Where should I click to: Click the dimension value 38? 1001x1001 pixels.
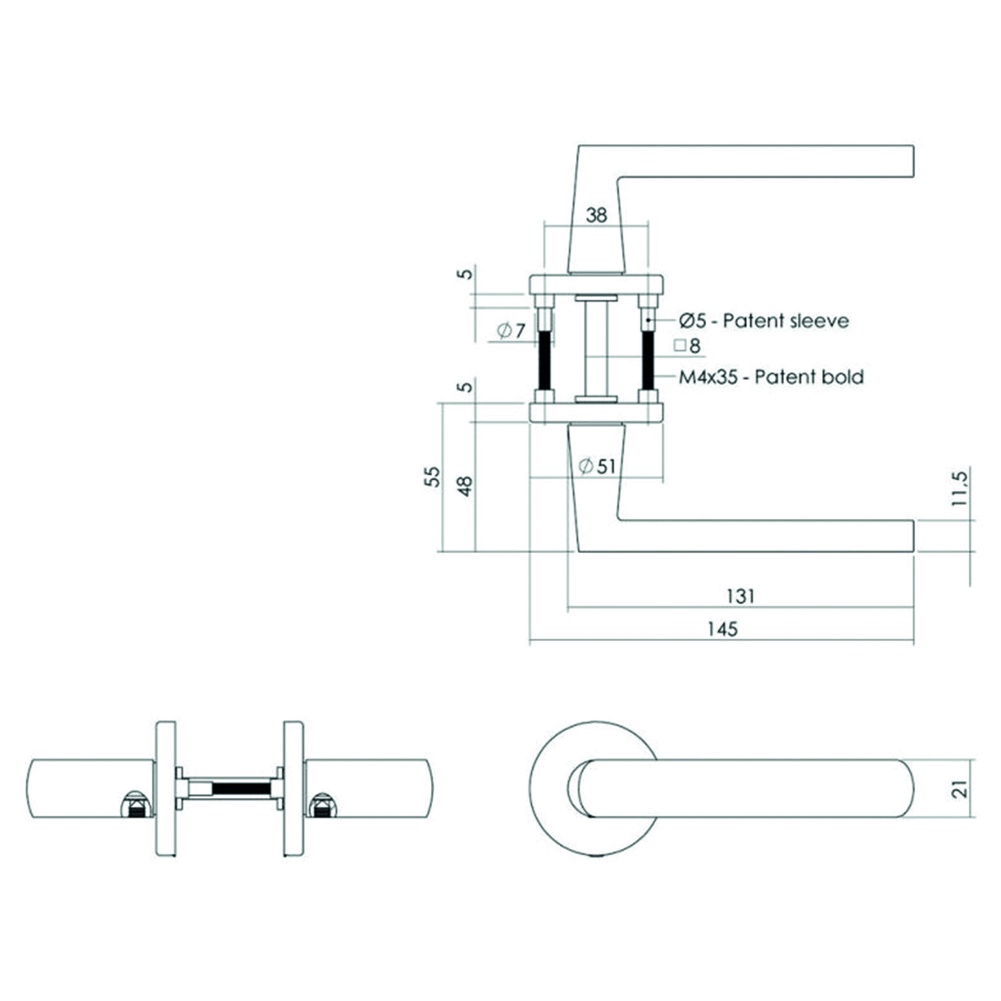(x=596, y=215)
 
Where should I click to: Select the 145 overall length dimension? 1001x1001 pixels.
(x=722, y=629)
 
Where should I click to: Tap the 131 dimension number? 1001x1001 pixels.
(x=741, y=596)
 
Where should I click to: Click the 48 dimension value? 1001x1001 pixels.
(x=465, y=486)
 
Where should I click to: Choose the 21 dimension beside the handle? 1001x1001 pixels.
(x=960, y=788)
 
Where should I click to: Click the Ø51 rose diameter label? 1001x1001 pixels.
(x=597, y=466)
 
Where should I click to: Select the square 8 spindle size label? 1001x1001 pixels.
(x=688, y=346)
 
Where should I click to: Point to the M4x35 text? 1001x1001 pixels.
(x=708, y=377)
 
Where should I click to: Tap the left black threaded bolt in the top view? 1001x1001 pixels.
(x=544, y=360)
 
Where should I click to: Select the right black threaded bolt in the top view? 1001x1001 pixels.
(x=648, y=360)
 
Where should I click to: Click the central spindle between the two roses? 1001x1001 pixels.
(x=596, y=350)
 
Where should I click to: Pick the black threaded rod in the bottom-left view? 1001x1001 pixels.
(x=241, y=788)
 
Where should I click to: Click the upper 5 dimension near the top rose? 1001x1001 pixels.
(x=466, y=273)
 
